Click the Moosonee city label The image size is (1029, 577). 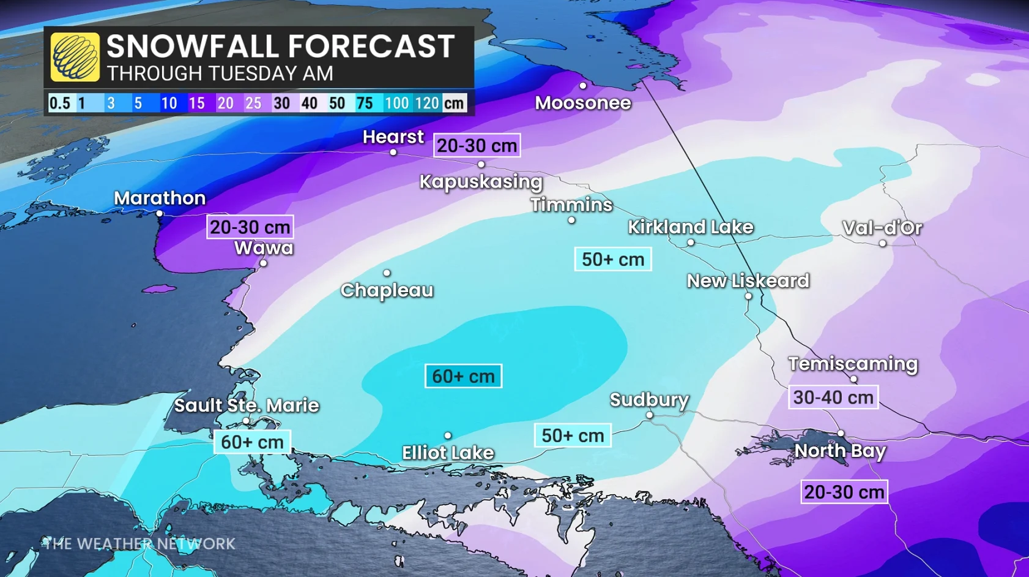coord(582,103)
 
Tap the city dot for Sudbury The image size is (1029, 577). coord(649,415)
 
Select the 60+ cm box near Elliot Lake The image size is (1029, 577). coord(463,376)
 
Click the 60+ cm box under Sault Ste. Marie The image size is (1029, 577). coord(252,442)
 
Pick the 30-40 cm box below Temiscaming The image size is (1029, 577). coord(833,397)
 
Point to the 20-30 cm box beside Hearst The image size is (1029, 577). coord(477,146)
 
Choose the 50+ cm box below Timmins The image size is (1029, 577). coord(612,259)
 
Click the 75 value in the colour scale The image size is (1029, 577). coord(365,103)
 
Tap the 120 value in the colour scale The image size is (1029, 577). coord(426,103)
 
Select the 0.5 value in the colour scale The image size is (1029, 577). coord(60,103)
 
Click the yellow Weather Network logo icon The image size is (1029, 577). coord(75,57)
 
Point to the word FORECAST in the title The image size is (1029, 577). coord(371,47)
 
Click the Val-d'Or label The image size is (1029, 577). coord(882,228)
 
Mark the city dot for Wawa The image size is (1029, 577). coord(263,263)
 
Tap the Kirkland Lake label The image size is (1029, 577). coord(690,227)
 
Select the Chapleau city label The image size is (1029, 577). coord(387,290)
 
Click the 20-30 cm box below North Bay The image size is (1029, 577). coord(844,492)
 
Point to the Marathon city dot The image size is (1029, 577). coord(160,214)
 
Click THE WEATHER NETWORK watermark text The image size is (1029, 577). coord(139,544)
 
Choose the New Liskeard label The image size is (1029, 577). coord(748,281)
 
